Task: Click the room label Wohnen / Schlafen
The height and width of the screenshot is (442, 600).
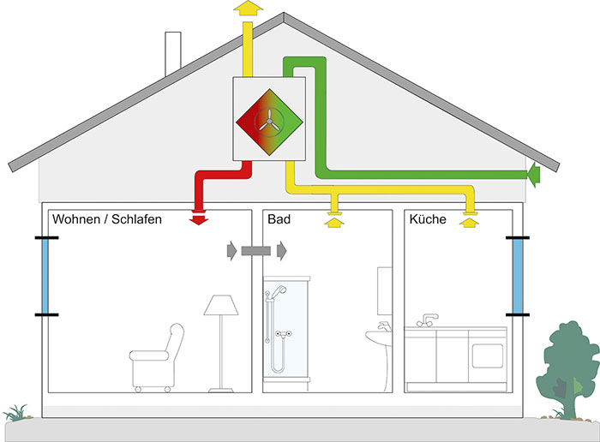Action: coord(107,219)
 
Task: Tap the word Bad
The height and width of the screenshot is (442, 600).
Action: coord(279,219)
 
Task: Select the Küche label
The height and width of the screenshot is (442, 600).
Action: coord(428,219)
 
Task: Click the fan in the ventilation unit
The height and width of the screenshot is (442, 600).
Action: coord(269,122)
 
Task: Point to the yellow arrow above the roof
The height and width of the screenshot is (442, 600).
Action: coord(248,8)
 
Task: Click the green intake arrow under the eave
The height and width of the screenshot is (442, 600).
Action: coord(533,175)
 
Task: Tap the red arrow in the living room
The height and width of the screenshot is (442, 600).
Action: coord(199,221)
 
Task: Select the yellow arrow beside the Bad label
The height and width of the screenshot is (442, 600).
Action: coord(334,222)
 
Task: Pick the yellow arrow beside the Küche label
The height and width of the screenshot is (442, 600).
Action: coord(469,223)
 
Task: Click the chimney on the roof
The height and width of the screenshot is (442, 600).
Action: coord(173,53)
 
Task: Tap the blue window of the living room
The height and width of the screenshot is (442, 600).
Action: coord(45,276)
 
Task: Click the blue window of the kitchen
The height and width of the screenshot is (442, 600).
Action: coord(518,276)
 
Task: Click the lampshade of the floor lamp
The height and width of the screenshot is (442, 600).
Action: coord(221,305)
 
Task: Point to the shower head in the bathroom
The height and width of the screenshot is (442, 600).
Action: coord(280,289)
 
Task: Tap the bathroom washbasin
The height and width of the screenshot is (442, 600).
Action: coord(379,337)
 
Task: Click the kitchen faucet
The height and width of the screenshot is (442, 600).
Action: coord(428,320)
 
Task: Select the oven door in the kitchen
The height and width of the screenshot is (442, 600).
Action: coord(487,356)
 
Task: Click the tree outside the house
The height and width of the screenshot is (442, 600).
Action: coord(567,369)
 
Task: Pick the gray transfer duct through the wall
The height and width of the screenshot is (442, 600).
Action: coord(256,251)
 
